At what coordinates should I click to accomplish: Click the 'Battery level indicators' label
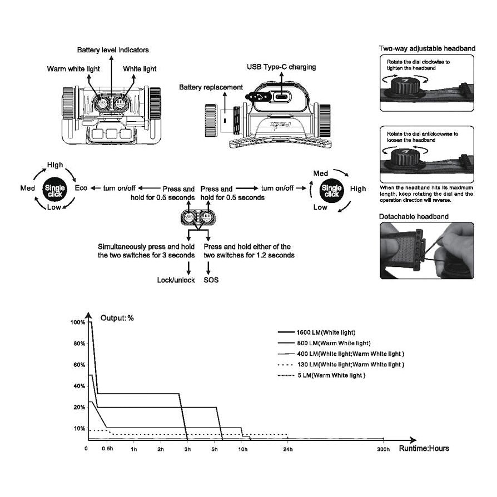tap(113, 50)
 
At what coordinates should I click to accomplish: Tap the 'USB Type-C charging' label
tap(281, 67)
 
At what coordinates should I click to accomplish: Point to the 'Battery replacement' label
tap(211, 87)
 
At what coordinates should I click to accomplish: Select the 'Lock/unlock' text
tap(176, 280)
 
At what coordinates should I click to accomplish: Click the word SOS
tap(211, 280)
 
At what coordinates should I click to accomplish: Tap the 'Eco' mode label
tap(81, 188)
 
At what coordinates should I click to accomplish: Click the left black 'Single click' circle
tap(54, 189)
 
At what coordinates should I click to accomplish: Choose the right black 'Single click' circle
tap(332, 190)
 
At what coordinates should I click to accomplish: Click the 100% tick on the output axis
tap(78, 322)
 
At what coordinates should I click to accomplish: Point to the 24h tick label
tap(287, 449)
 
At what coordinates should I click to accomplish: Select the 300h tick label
tap(384, 449)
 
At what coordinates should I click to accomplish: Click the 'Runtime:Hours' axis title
tap(424, 449)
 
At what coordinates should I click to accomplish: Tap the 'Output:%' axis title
tap(117, 318)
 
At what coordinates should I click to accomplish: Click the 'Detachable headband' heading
tap(414, 216)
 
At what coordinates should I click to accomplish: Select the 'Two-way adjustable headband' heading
tap(427, 49)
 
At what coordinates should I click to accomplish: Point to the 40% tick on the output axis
tap(78, 386)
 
